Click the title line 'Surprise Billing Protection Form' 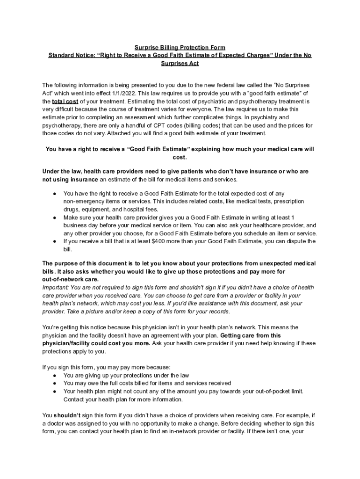[x=180, y=47]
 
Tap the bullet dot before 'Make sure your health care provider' [x=55, y=218]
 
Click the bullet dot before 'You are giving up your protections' [x=55, y=375]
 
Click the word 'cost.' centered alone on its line [x=180, y=157]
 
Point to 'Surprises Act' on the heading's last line [x=180, y=63]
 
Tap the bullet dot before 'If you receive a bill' [x=55, y=241]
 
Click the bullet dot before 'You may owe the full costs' [x=55, y=383]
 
